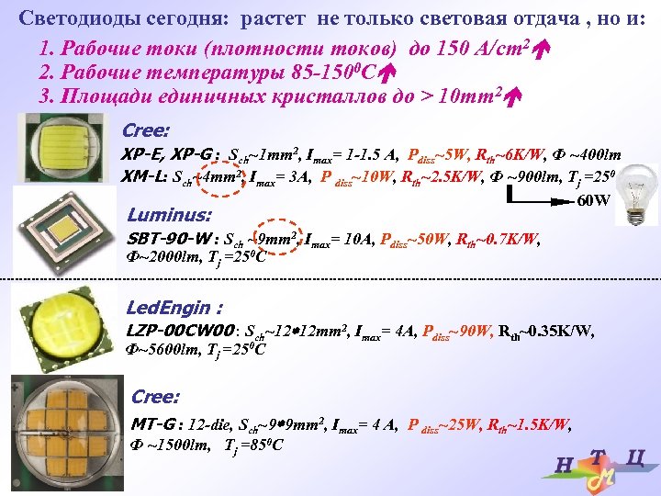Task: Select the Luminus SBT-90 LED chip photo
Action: tap(64, 231)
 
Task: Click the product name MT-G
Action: tap(152, 423)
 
